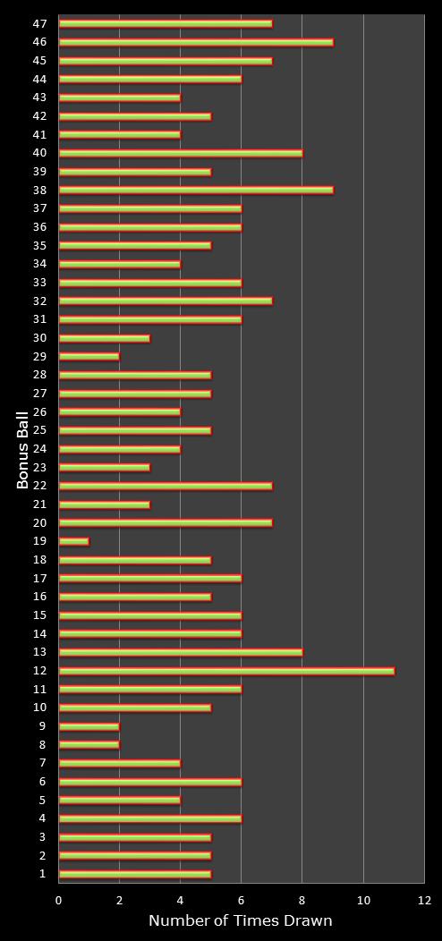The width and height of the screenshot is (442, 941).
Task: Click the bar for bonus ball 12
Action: (x=226, y=670)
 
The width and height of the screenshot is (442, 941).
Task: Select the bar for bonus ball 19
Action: (x=74, y=541)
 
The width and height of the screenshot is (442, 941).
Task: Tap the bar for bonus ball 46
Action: (x=196, y=42)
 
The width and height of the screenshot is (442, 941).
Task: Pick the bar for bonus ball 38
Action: (x=196, y=191)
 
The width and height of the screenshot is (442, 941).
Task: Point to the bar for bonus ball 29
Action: (x=89, y=357)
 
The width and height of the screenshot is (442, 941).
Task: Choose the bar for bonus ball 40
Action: (x=181, y=153)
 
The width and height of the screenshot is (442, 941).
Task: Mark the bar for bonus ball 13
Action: (x=181, y=652)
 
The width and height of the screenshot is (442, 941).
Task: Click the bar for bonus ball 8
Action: (x=89, y=745)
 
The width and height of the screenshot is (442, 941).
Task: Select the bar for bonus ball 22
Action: (x=166, y=486)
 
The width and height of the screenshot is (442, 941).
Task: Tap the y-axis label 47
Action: (x=40, y=23)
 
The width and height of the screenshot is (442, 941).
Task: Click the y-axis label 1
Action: (x=42, y=874)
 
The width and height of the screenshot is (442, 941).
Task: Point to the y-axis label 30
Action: (x=40, y=338)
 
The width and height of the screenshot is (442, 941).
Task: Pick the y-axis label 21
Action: (x=40, y=504)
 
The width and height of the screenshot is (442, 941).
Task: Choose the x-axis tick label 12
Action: (x=425, y=900)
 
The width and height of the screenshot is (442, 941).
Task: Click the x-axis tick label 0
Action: (x=58, y=900)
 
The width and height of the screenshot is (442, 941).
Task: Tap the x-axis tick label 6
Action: (x=242, y=900)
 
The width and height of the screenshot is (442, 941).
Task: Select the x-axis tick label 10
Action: (x=363, y=900)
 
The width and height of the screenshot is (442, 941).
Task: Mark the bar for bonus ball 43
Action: (x=120, y=97)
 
